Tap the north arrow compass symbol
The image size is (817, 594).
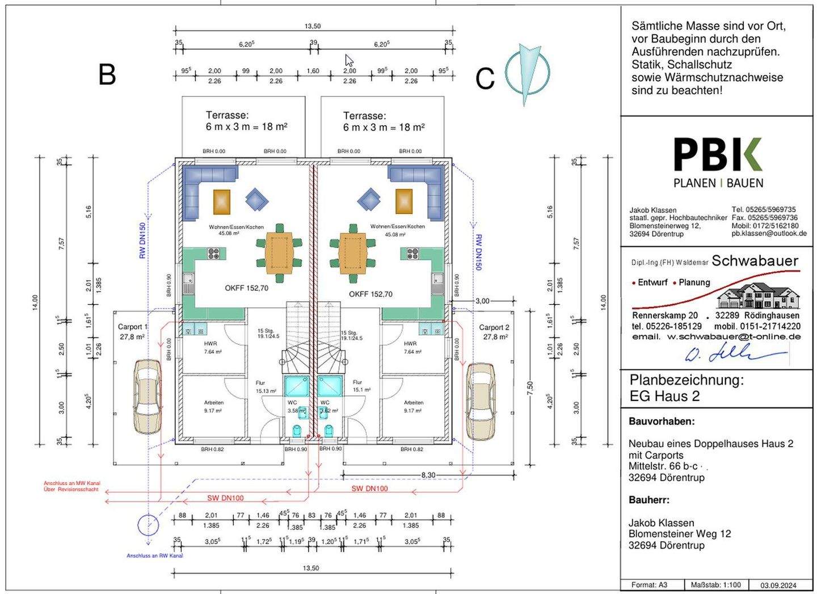528,73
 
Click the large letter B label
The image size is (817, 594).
107,74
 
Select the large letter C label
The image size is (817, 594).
485,79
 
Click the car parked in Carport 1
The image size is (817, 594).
148,397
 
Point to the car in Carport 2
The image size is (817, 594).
481,401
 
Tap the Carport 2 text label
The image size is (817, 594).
494,327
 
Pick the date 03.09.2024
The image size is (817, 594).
778,585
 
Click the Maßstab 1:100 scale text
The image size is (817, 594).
716,585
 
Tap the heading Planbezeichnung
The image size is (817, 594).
686,380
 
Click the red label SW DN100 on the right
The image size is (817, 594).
369,488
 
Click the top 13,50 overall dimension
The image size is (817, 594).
313,26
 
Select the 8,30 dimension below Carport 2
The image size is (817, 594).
428,475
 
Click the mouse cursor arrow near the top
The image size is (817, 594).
349,61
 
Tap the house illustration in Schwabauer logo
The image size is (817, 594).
758,296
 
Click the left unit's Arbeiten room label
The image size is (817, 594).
214,403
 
